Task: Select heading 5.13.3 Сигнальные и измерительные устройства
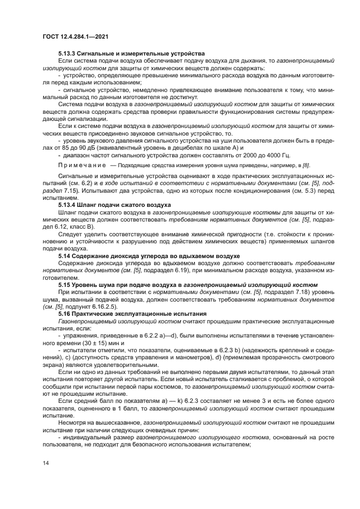[x=131, y=53]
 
